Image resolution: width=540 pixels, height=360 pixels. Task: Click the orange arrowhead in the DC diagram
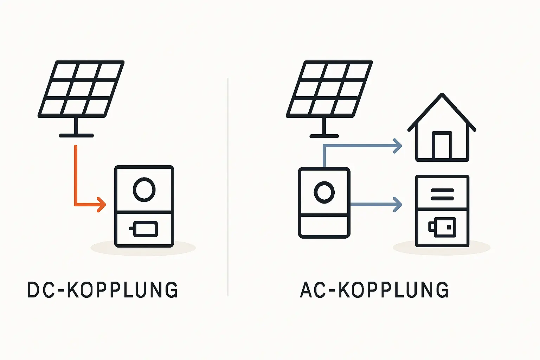click(102, 204)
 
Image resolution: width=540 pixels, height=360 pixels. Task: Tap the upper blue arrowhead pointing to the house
click(398, 146)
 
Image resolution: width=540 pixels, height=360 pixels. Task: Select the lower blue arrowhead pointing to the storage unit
click(398, 204)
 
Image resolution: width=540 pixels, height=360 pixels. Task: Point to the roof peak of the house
click(442, 95)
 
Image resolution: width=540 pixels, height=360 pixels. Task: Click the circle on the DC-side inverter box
click(144, 189)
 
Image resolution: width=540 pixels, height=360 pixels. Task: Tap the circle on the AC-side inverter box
click(324, 192)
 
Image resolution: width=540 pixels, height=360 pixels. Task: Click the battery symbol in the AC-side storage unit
click(442, 227)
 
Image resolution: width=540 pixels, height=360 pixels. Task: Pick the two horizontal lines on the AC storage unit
click(442, 194)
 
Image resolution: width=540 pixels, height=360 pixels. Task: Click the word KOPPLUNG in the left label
click(122, 290)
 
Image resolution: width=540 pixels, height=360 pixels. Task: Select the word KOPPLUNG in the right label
click(394, 290)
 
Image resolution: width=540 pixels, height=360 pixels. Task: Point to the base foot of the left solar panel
click(76, 135)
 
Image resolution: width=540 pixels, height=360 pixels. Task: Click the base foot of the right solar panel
click(324, 136)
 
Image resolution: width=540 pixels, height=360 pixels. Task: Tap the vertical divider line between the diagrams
click(228, 186)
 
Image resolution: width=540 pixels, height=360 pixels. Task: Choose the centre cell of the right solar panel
click(329, 89)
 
